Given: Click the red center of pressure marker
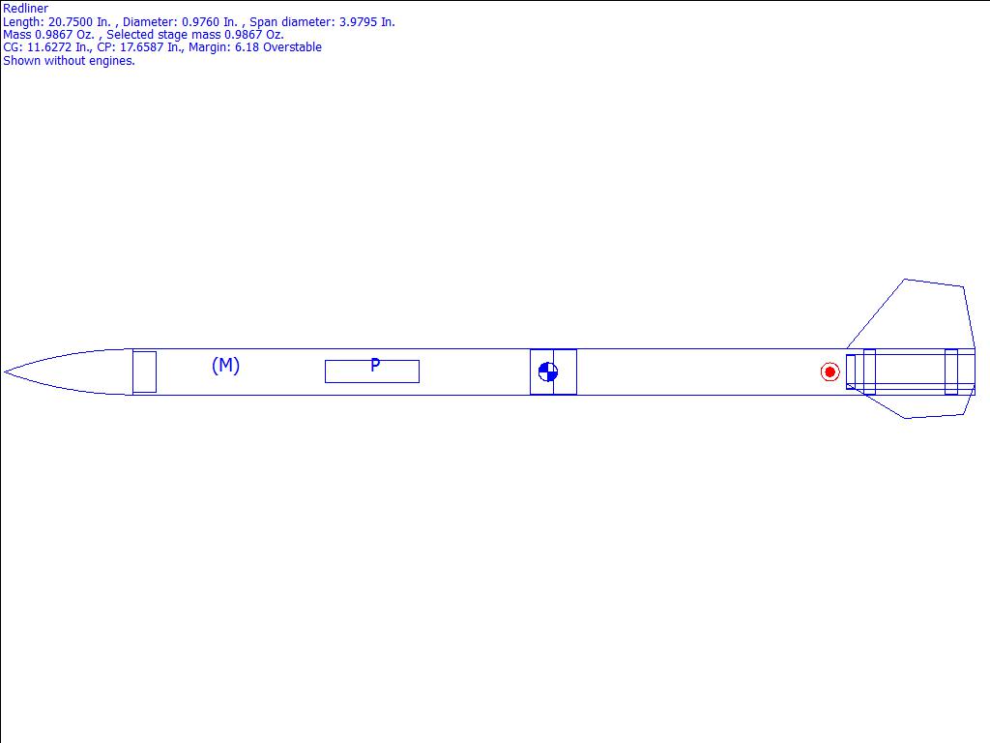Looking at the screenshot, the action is tap(830, 371).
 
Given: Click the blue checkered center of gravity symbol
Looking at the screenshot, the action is tap(548, 371).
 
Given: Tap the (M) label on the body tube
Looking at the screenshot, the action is tap(225, 365).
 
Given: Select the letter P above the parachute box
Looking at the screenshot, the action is tap(375, 365).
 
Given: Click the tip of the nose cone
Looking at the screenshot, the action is tap(5, 372).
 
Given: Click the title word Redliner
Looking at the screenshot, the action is tap(25, 9).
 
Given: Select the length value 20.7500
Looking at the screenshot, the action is tap(70, 22).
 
